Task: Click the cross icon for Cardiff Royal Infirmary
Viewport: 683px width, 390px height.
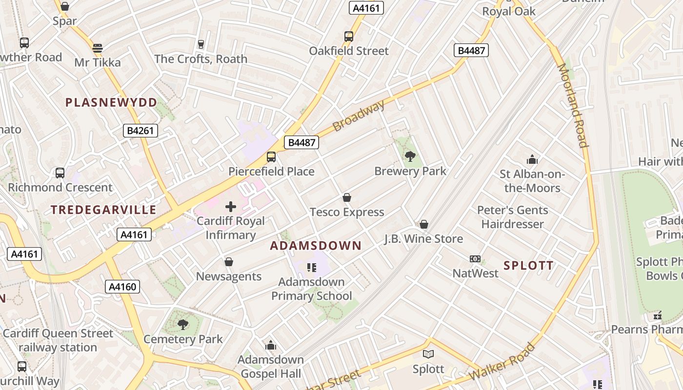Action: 231,207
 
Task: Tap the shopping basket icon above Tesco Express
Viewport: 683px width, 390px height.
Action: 347,197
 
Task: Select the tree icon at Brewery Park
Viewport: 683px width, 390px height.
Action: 410,156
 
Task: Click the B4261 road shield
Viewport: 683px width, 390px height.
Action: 140,130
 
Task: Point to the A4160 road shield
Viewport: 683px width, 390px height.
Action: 122,287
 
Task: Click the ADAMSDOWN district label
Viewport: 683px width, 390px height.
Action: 316,246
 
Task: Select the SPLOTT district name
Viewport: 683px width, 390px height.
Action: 528,266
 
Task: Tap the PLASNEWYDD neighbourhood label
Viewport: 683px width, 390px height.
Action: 111,102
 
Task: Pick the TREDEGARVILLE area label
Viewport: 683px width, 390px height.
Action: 103,210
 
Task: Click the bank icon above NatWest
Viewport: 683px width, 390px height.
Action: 475,259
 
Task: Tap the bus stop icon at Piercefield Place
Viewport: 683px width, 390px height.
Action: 271,157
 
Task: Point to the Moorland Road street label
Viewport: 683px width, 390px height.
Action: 573,105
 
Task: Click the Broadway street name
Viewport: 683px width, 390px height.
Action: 359,115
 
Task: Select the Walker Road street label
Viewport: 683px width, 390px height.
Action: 502,362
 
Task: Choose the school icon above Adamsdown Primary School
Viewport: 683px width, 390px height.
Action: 312,267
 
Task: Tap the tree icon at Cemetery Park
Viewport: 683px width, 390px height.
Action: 183,324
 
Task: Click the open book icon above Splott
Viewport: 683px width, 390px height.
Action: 428,354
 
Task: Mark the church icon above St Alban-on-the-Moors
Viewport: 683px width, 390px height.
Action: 532,159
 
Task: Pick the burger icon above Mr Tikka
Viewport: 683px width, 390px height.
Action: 98,48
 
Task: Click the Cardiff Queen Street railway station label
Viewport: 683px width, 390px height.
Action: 58,340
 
